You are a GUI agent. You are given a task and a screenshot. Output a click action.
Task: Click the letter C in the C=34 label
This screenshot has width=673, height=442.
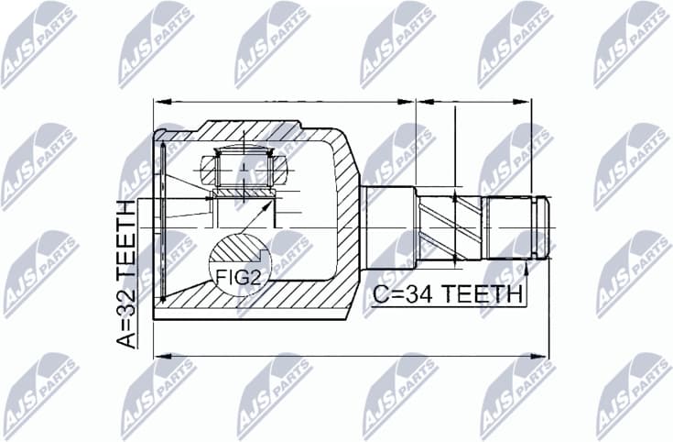[381, 295]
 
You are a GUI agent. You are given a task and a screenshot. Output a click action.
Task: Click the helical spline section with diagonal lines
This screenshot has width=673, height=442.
[449, 226]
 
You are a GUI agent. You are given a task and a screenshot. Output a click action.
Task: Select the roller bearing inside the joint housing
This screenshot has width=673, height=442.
[244, 172]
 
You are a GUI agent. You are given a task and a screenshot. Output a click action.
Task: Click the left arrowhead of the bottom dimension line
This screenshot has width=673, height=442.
[158, 354]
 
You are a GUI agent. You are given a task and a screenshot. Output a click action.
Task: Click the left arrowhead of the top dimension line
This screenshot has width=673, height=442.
[158, 99]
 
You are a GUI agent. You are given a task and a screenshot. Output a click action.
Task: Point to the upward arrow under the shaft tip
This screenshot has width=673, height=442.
[527, 268]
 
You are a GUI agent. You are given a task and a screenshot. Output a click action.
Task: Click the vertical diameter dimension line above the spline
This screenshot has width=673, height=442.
[455, 147]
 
